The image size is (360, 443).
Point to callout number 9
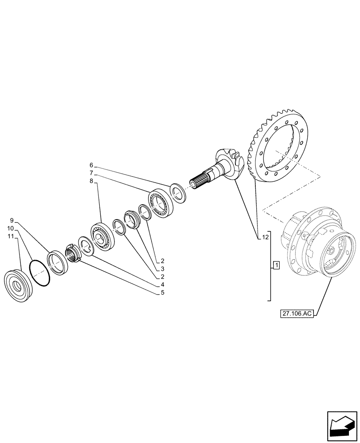12,220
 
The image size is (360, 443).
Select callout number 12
265,238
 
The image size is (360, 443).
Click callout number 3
163,268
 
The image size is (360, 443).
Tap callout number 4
163,284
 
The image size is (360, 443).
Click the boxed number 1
276,266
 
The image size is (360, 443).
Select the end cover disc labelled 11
16,286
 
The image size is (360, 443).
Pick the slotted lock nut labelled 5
73,254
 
